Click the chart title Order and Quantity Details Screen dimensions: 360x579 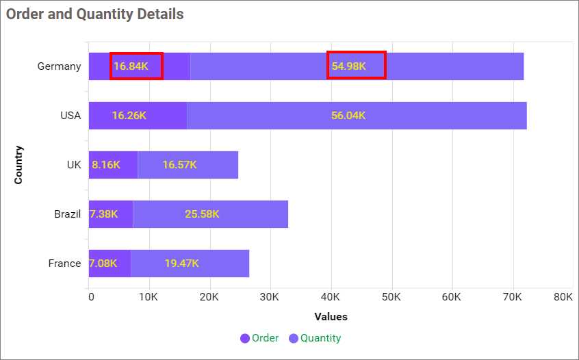95,14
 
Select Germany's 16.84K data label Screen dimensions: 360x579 136,66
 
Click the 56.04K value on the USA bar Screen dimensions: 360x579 348,116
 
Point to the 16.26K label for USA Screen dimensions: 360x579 129,116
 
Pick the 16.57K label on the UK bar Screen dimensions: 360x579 179,165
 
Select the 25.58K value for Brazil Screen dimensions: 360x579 202,214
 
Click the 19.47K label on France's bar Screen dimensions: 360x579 181,263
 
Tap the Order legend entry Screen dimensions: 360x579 259,338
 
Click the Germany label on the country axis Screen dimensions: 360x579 59,66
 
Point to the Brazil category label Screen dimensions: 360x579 67,214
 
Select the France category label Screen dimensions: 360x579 64,263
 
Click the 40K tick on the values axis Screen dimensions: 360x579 331,296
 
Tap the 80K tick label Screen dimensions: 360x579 563,296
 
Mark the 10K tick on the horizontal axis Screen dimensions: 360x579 149,296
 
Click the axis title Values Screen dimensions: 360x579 331,317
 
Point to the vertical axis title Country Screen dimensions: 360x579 18,165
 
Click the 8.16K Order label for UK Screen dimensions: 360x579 106,165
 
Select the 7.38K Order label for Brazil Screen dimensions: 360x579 103,214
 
